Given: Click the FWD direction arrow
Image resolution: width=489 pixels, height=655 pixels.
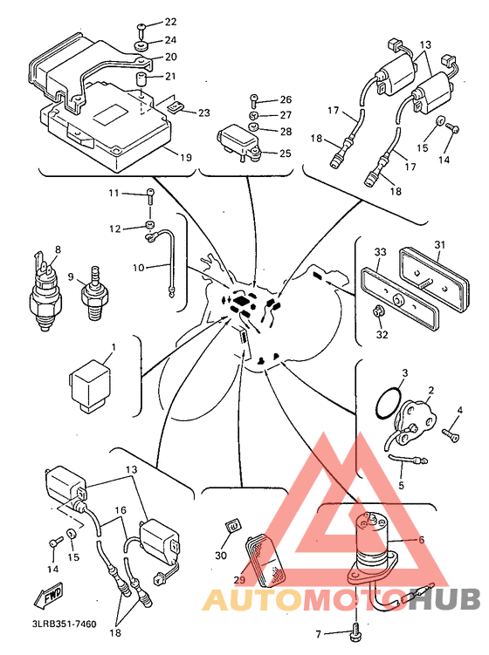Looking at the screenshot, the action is click(49, 595).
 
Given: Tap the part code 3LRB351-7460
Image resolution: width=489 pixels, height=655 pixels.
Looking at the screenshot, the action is click(65, 624).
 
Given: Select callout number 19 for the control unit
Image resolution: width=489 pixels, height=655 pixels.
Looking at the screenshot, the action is click(186, 158).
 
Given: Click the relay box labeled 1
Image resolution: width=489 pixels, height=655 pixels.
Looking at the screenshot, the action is click(91, 385).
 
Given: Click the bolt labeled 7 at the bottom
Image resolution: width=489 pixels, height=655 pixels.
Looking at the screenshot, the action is click(356, 629).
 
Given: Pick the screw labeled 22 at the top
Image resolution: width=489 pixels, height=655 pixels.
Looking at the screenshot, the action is click(141, 30).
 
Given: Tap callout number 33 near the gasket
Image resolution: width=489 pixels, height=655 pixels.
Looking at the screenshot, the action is click(380, 252).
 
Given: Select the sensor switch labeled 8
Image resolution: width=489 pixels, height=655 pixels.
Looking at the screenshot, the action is click(46, 290).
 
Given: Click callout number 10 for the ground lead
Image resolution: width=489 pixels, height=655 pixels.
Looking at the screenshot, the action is click(138, 268).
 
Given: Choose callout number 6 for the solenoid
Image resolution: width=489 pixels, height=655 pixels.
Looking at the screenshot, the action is click(421, 540).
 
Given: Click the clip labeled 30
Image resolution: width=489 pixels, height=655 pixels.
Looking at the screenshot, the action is click(233, 526).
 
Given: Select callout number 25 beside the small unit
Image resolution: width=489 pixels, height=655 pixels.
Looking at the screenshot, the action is click(285, 154).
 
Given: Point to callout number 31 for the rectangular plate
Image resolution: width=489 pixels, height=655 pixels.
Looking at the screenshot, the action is click(439, 244).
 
